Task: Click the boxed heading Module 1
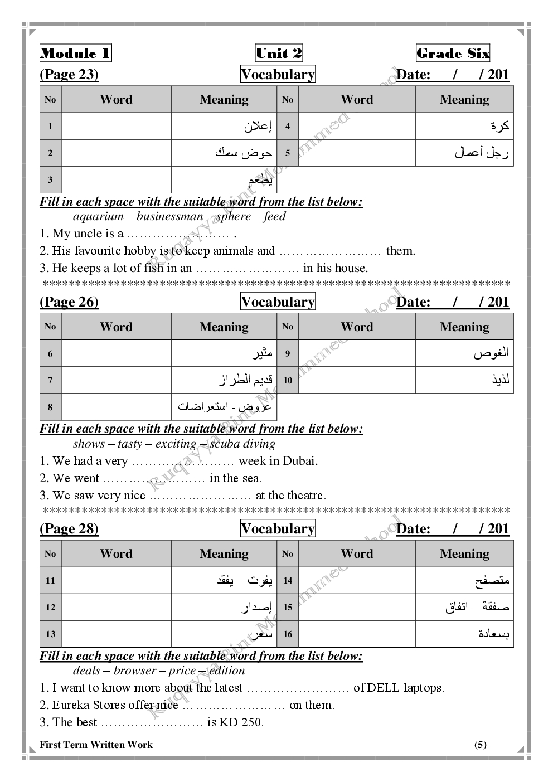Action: [x=76, y=54]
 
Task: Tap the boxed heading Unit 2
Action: [x=279, y=54]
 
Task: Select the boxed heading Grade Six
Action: [x=453, y=54]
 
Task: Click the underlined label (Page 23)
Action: [x=69, y=75]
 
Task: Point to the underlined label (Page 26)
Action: [x=69, y=302]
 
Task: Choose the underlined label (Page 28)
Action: [x=69, y=529]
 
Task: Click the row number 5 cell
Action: [x=288, y=153]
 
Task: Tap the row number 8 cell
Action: [x=50, y=407]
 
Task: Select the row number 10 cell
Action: [x=288, y=381]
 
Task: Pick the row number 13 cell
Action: [x=50, y=634]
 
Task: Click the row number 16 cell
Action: [x=288, y=634]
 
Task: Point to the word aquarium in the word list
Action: [x=98, y=217]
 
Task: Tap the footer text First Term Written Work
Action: [x=96, y=745]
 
